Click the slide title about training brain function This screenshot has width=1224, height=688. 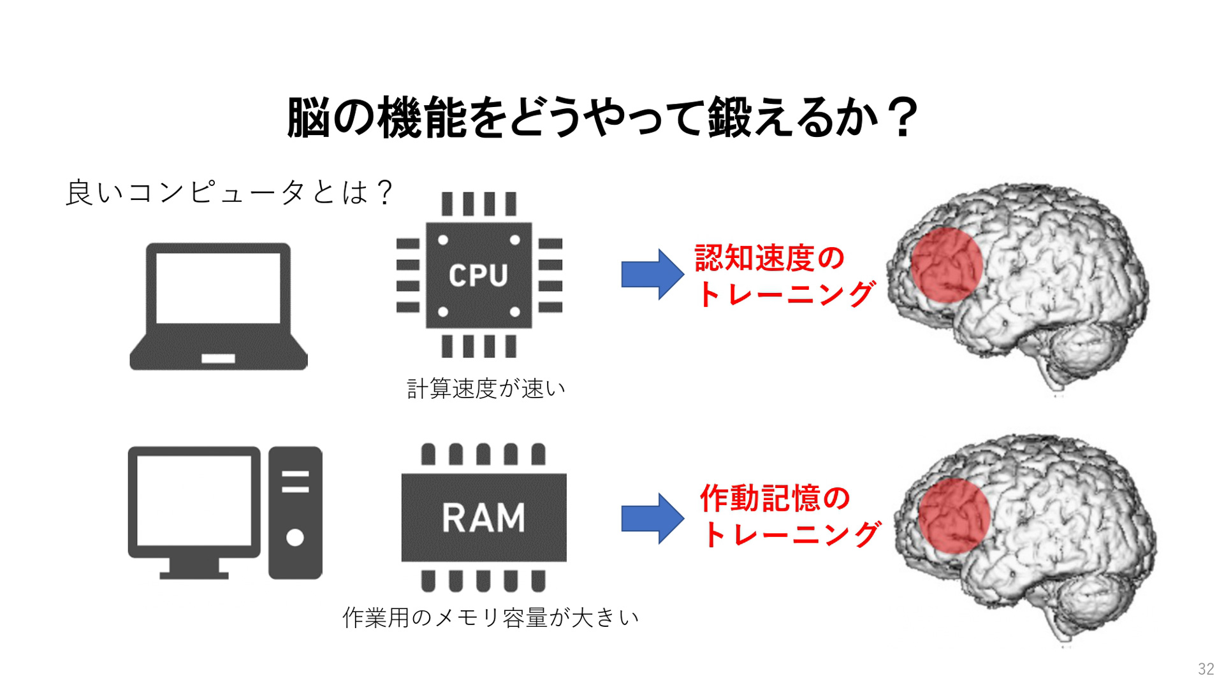(602, 118)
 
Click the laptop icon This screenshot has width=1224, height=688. (219, 306)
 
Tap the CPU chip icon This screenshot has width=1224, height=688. (479, 275)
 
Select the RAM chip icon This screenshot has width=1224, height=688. (484, 517)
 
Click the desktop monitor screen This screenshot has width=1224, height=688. (194, 501)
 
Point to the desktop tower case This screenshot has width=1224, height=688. (295, 513)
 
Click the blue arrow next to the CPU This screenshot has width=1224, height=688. (652, 274)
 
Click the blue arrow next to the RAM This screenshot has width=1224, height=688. (652, 518)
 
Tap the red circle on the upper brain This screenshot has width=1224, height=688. (946, 266)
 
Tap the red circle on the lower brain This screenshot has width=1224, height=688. (954, 516)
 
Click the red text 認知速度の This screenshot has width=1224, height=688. (769, 257)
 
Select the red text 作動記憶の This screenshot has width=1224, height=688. (775, 498)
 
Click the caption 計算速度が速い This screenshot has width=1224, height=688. (486, 388)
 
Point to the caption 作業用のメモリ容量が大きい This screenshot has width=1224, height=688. (490, 617)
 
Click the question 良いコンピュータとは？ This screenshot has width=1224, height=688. (229, 192)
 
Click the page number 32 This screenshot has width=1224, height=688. (1206, 669)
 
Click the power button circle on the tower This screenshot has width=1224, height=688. (295, 538)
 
